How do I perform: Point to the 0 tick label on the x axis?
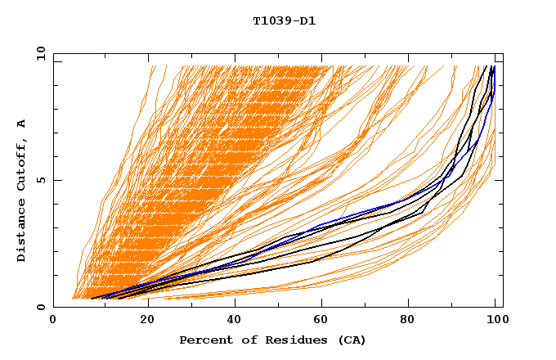click(53, 322)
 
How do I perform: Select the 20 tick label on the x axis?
click(141, 322)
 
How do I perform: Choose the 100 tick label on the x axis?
click(495, 322)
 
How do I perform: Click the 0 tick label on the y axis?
click(42, 308)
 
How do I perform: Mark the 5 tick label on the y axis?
click(42, 180)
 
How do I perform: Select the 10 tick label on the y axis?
click(38, 53)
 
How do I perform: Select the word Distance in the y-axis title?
click(22, 229)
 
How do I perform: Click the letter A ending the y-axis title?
click(22, 123)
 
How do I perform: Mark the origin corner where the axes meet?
click(53, 308)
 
